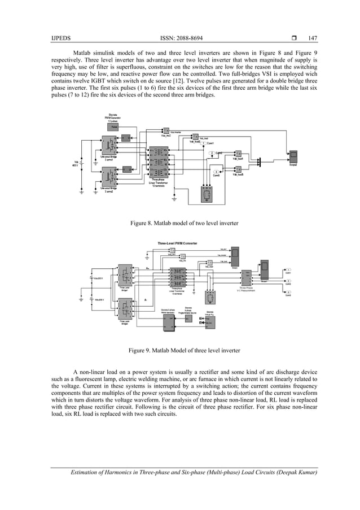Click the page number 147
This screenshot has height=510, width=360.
312,38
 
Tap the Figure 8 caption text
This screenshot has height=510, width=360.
184,224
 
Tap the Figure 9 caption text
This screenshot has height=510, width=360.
184,351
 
